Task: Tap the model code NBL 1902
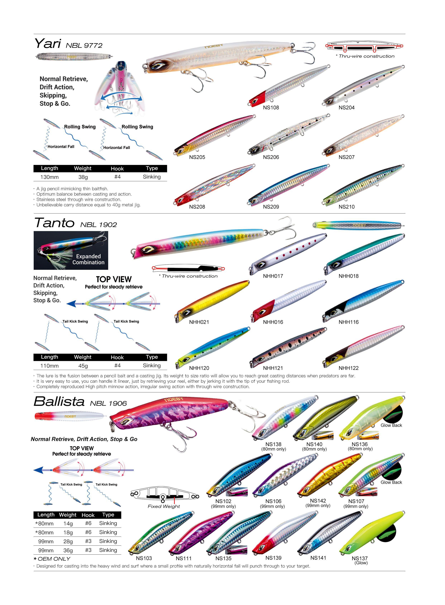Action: pyautogui.click(x=98, y=225)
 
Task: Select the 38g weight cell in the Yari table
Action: pyautogui.click(x=83, y=177)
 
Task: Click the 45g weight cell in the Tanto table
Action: pyautogui.click(x=83, y=366)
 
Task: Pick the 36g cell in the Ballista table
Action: pyautogui.click(x=68, y=550)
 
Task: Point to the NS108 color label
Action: pyautogui.click(x=271, y=108)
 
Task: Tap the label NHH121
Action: pyautogui.click(x=273, y=368)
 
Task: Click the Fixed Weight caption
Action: pyautogui.click(x=164, y=506)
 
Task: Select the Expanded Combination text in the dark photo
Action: pyautogui.click(x=88, y=259)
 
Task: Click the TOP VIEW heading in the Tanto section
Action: pyautogui.click(x=114, y=279)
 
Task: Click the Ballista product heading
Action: pyautogui.click(x=59, y=402)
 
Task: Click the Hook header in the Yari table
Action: pyautogui.click(x=117, y=169)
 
